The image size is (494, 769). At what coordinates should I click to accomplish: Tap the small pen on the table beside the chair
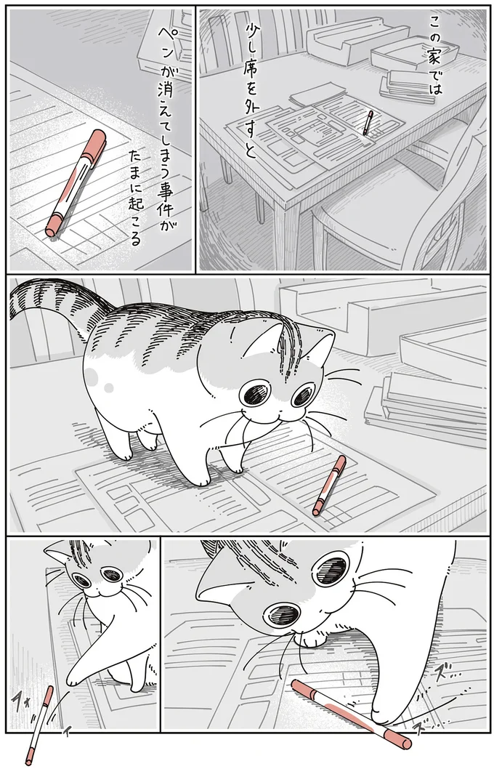pyautogui.click(x=368, y=123)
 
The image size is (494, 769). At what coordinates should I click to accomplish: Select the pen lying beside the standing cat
pyautogui.click(x=328, y=485)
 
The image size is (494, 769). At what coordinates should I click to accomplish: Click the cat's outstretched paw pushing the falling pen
pyautogui.click(x=73, y=680)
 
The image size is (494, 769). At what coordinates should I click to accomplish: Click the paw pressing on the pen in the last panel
pyautogui.click(x=381, y=720)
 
